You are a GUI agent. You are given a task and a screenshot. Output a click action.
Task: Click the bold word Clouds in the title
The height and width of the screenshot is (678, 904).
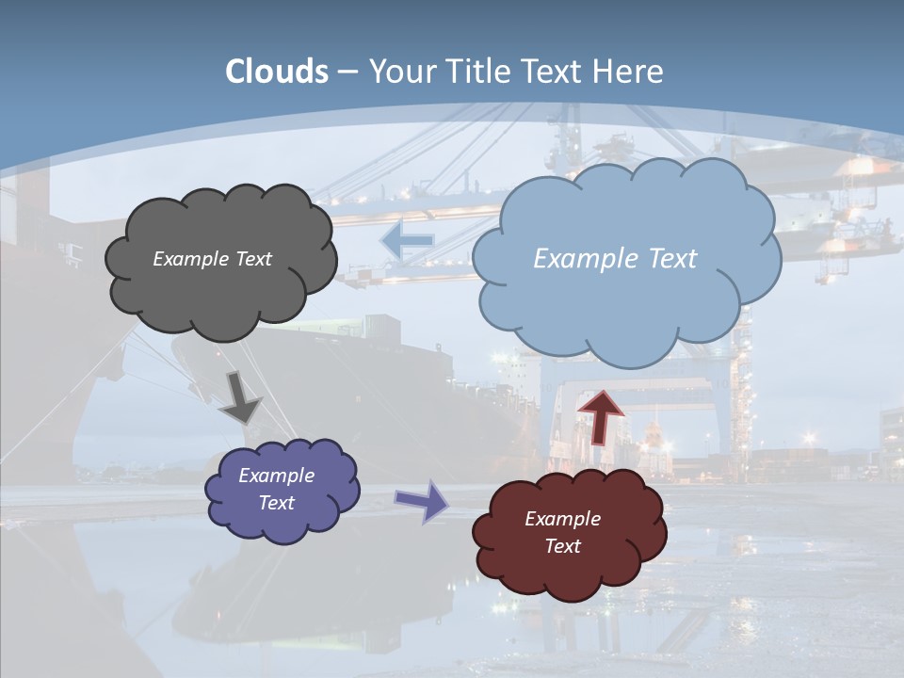277,72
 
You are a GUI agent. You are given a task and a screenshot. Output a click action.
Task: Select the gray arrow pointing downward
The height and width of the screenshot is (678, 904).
240,397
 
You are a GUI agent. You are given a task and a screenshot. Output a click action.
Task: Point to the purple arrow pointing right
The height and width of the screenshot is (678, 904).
421,500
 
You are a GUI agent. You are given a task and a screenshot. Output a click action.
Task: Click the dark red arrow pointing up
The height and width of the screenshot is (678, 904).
601,417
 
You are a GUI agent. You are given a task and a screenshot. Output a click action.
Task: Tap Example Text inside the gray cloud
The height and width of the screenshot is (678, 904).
212,259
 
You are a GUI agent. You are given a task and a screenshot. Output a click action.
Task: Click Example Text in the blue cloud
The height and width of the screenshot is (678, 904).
615,259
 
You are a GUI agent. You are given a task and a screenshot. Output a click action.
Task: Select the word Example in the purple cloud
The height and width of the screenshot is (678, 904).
276,476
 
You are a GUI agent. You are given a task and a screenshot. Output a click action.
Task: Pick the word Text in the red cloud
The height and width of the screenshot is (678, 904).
562,546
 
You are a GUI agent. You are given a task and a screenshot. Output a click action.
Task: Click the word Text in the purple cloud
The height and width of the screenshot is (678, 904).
276,503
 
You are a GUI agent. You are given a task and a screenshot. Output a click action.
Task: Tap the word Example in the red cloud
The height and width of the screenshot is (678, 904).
562,519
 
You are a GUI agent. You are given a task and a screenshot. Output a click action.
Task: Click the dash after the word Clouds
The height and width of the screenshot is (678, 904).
347,72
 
